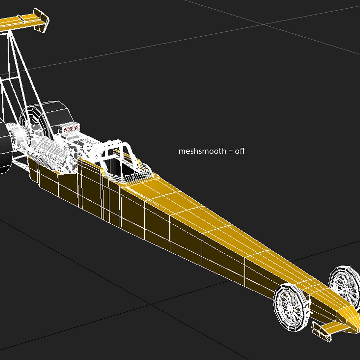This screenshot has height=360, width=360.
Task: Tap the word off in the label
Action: [240, 151]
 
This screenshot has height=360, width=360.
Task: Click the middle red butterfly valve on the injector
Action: [70, 129]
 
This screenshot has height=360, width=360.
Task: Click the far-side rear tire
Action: [55, 115]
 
